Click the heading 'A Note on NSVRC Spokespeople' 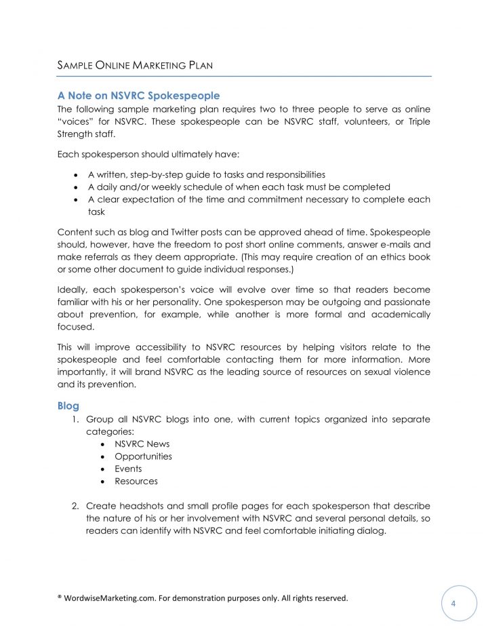(x=138, y=96)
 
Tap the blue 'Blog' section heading (x=68, y=406)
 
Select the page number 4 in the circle (x=459, y=603)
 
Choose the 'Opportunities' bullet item (x=143, y=456)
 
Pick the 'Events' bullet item (x=128, y=469)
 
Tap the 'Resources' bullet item (x=136, y=481)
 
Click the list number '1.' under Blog (x=76, y=419)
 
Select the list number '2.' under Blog (x=76, y=506)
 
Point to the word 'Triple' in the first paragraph (x=415, y=121)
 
